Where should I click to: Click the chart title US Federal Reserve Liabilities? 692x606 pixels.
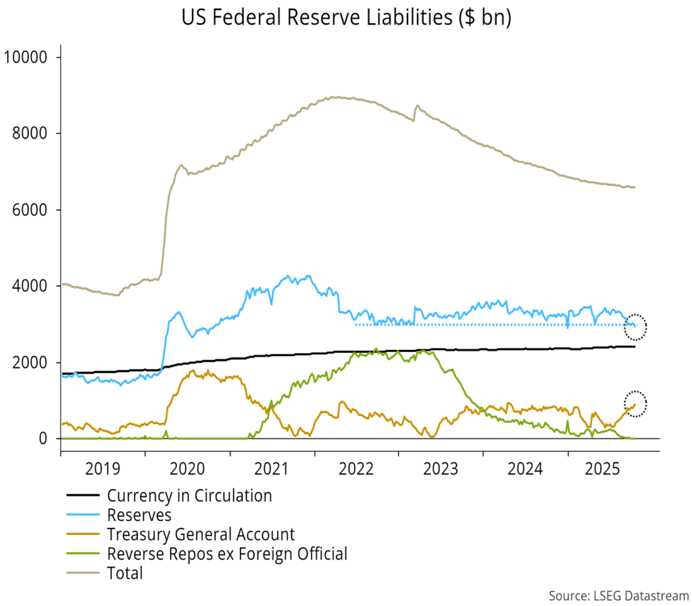[346, 18]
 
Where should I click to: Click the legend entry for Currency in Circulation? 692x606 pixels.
[189, 496]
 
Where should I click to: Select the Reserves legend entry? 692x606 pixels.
[139, 515]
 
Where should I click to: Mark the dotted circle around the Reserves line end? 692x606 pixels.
[635, 326]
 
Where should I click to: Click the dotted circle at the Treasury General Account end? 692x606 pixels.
[635, 403]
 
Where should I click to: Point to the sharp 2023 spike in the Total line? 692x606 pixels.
[417, 106]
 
